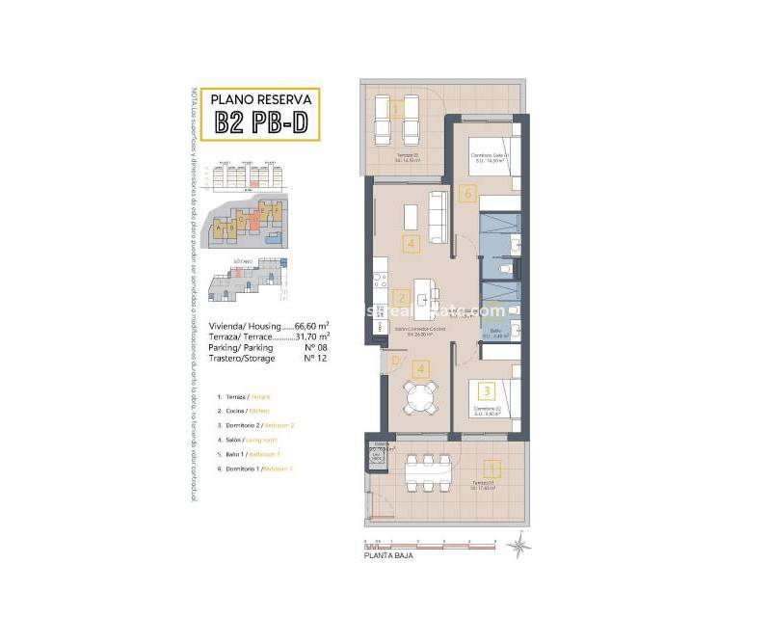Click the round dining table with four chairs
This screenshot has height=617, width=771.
point(419,397)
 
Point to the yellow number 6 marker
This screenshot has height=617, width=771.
point(468,194)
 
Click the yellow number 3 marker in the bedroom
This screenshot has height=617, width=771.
point(487,390)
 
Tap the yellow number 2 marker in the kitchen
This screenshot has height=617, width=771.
point(402,298)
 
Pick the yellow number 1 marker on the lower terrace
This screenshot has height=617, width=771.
point(492,469)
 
